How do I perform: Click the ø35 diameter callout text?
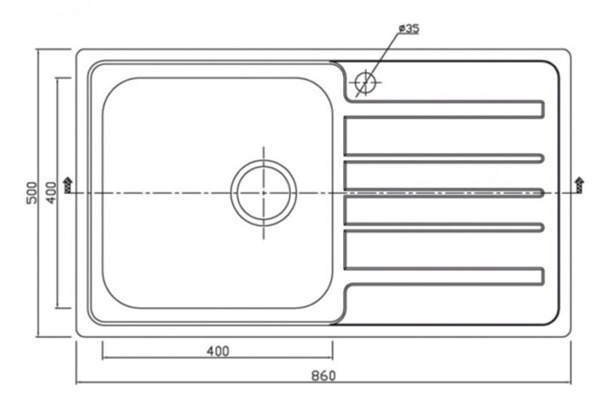click(409, 29)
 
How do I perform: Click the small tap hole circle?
click(366, 83)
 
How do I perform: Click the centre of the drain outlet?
click(263, 193)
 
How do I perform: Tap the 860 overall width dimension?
click(323, 375)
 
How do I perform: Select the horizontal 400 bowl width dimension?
click(218, 352)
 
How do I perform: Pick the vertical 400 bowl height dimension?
click(51, 192)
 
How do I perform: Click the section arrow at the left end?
click(68, 185)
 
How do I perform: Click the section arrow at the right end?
click(579, 185)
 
